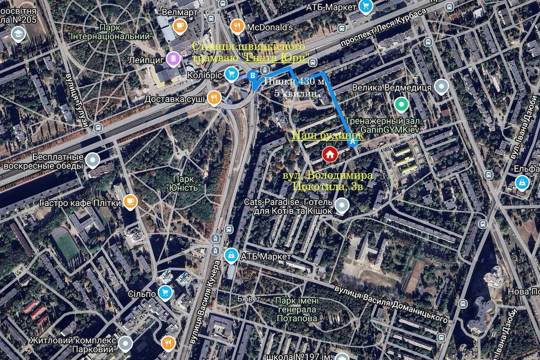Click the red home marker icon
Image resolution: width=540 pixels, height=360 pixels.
tap(330, 154)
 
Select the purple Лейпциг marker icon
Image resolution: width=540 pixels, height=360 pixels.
tap(173, 58)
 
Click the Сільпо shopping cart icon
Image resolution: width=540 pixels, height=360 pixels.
tap(165, 293)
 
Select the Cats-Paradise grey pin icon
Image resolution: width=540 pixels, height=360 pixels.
tap(341, 205)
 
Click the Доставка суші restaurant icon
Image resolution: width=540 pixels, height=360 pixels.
tap(215, 98)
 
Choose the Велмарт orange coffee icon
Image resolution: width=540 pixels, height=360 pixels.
tap(179, 25)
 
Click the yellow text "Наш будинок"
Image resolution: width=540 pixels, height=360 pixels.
tap(327, 135)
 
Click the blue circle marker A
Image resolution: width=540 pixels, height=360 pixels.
tap(353, 143)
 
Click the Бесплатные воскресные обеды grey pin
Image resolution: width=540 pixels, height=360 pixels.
tap(93, 160)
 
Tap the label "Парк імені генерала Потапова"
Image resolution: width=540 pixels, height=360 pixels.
tap(296, 310)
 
